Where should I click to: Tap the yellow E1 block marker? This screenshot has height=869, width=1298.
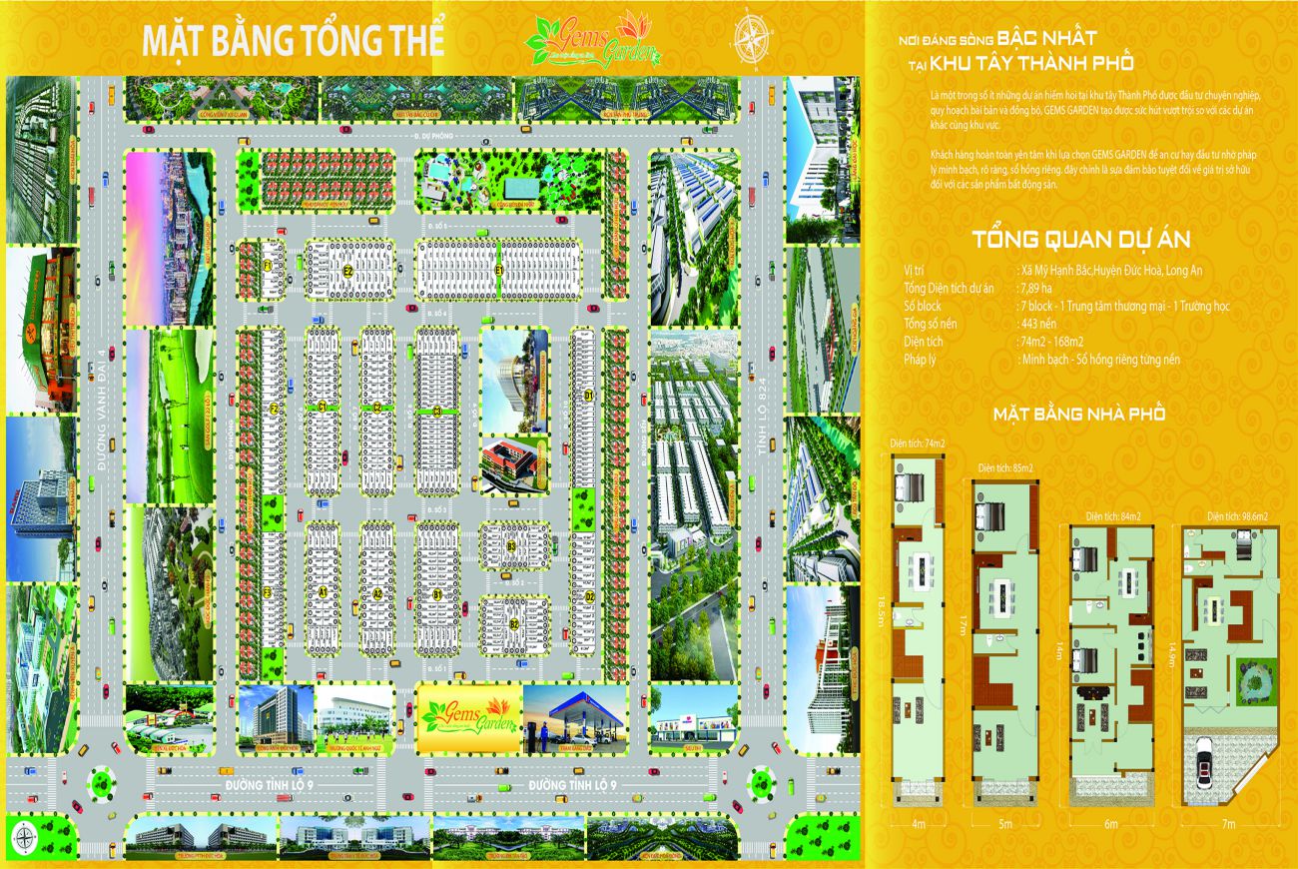click(499, 270)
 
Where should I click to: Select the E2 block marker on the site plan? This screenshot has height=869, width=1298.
click(348, 270)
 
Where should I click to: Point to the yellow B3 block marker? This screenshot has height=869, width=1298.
click(510, 546)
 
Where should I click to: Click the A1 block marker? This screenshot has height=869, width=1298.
click(324, 592)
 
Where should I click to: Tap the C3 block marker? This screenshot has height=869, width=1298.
click(435, 411)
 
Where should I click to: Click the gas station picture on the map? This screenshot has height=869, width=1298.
click(573, 718)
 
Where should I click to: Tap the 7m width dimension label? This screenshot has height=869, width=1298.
click(1228, 824)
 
